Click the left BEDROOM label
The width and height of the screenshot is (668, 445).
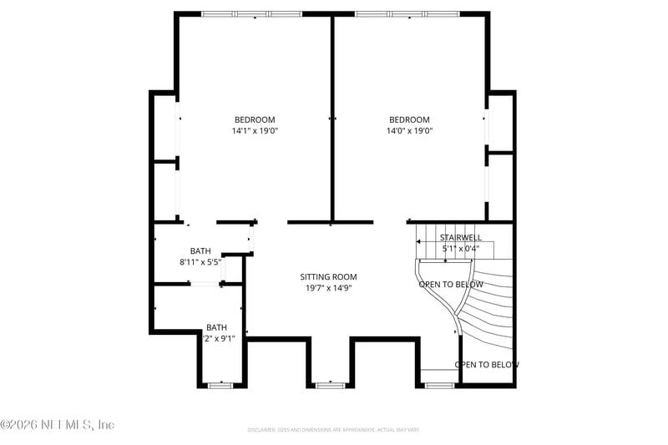point(254,119)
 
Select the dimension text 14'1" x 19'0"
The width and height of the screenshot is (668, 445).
point(254,131)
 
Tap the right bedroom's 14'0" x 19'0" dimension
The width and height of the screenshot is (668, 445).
point(409,131)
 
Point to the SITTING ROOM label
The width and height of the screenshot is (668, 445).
point(328,277)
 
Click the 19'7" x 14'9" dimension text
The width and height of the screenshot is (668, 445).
point(328,288)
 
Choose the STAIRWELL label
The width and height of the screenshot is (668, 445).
point(460,238)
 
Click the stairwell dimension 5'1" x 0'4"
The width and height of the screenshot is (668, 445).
point(460,249)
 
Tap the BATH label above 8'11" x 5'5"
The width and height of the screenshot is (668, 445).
point(200,251)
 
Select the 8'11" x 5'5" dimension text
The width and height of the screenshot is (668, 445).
point(200,262)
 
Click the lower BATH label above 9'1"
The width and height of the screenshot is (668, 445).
point(217,327)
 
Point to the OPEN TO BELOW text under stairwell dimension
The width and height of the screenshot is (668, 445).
point(451,285)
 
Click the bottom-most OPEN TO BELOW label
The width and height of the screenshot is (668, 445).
point(487,365)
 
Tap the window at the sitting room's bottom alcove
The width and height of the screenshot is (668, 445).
point(330,385)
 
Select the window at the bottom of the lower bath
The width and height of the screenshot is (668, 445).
point(220,385)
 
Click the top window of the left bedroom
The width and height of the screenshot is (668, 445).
point(252,14)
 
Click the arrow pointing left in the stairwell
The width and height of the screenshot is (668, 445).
point(419,241)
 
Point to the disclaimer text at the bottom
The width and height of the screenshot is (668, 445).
point(333,430)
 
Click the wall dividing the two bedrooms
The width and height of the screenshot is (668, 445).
point(332,117)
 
